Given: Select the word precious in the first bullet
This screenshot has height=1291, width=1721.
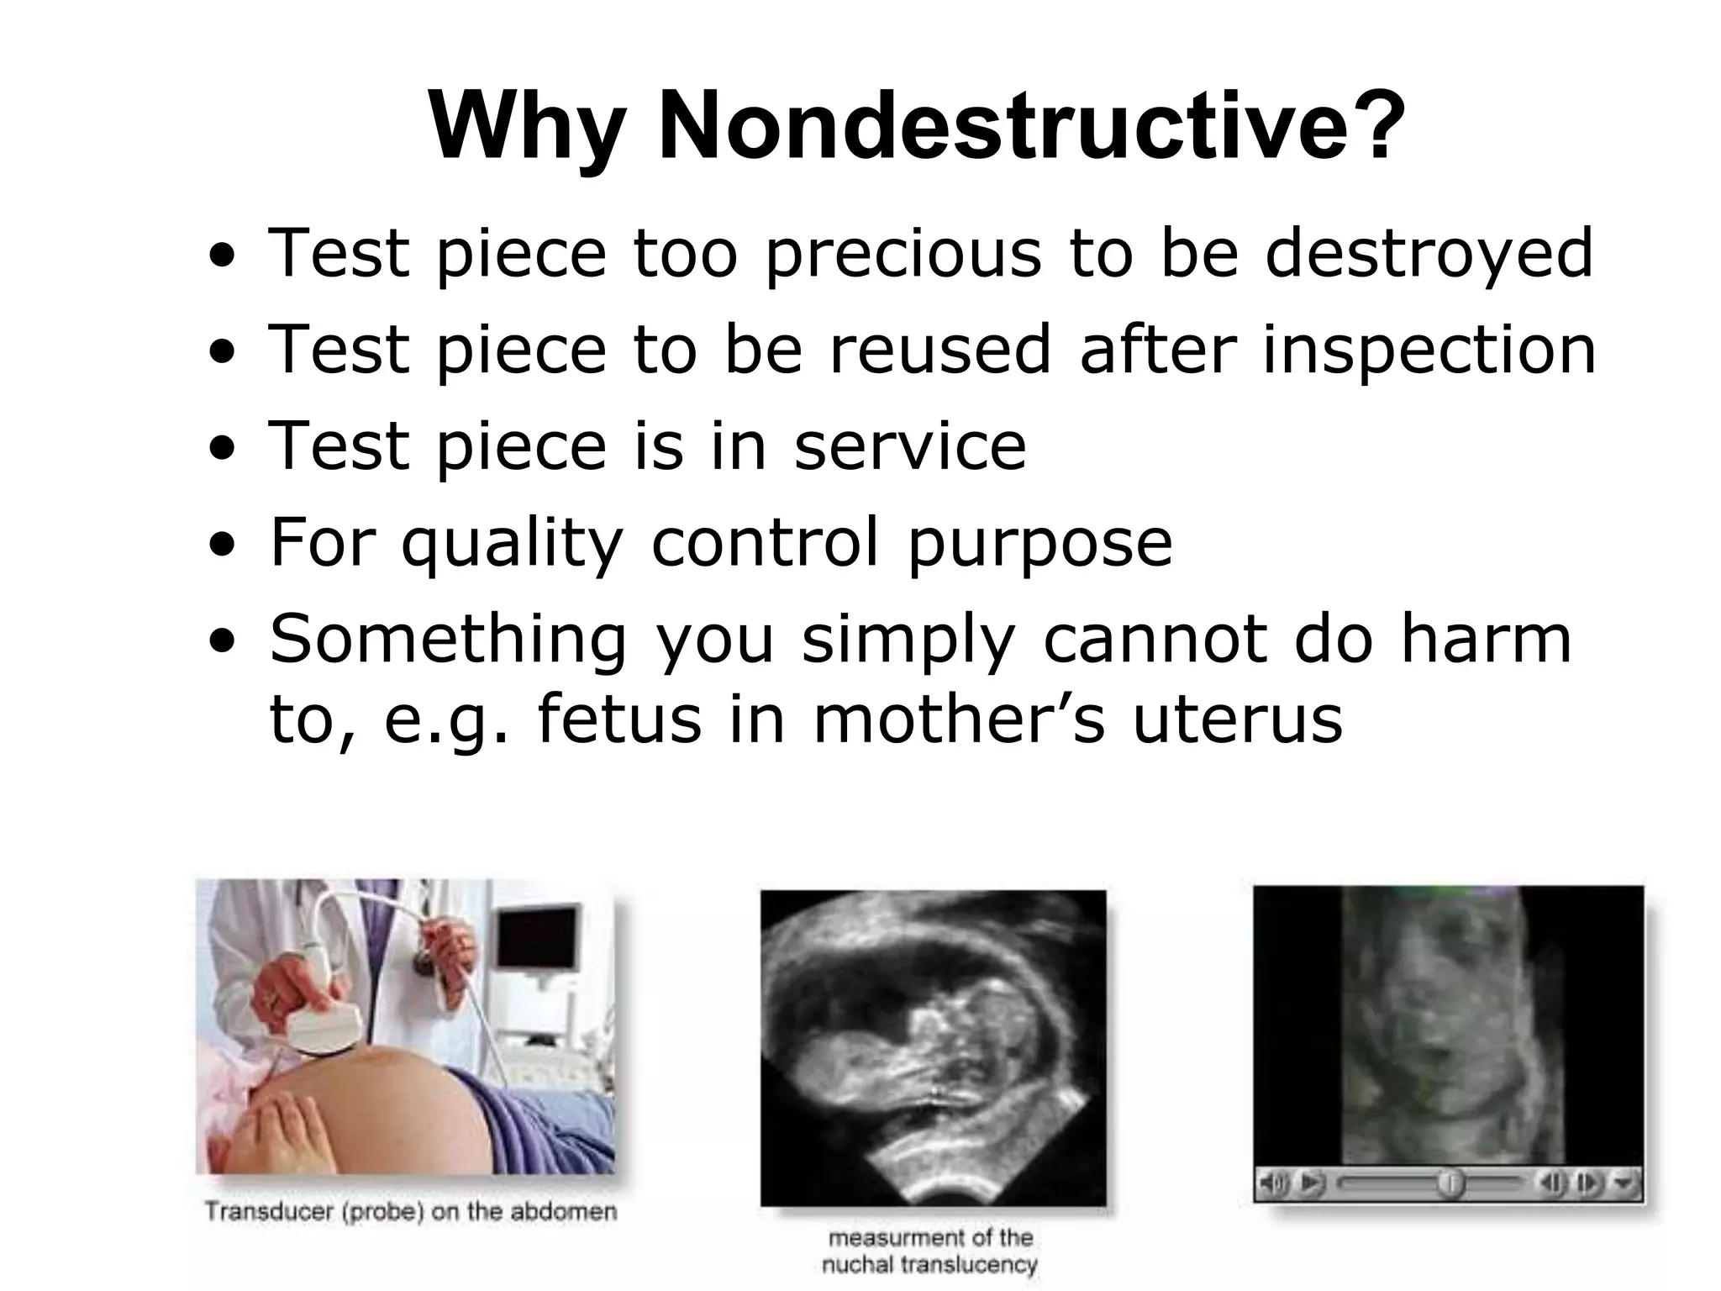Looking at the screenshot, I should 903,254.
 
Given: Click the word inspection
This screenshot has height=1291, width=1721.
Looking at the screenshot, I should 1429,351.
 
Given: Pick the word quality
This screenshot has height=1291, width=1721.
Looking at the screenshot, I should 513,545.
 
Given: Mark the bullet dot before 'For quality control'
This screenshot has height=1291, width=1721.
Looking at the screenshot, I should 223,545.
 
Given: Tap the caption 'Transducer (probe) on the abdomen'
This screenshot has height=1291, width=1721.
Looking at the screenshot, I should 411,1212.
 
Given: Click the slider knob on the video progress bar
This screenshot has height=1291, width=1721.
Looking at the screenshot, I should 1450,1183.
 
